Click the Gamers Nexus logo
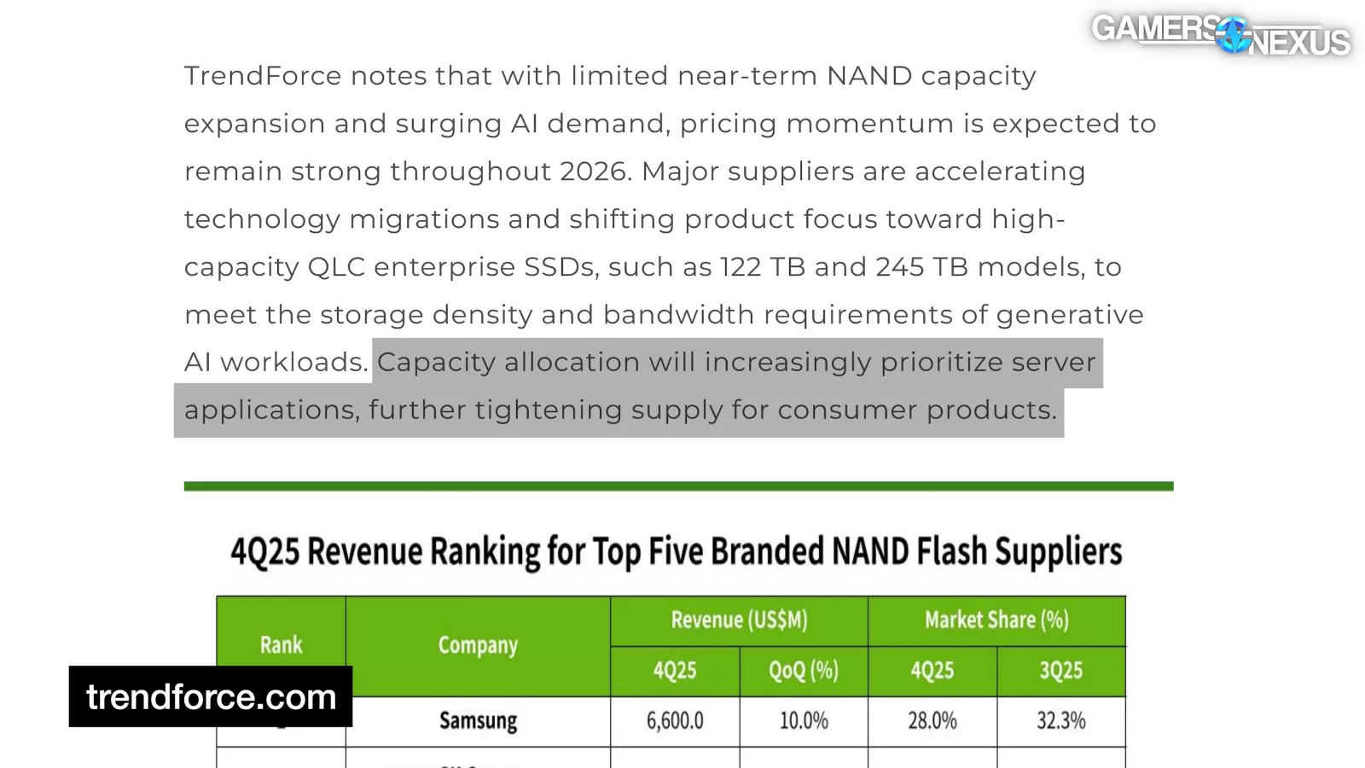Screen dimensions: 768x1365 [1220, 35]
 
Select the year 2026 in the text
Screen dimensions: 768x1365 [594, 172]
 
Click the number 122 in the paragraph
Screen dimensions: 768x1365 [740, 267]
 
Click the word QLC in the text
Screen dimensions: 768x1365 [336, 267]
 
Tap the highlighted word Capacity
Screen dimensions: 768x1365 [436, 363]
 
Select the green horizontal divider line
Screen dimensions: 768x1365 [678, 486]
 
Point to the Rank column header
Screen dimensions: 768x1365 [281, 645]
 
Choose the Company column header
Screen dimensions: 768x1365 [478, 645]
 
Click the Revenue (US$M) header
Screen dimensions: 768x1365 [739, 620]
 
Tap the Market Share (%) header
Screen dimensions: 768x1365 [996, 620]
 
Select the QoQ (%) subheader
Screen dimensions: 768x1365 [803, 671]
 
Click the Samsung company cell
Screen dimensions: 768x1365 [478, 721]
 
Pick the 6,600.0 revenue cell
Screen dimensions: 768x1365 [675, 721]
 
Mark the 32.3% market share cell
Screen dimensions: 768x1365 [1060, 721]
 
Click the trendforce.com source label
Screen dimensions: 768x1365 [211, 697]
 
